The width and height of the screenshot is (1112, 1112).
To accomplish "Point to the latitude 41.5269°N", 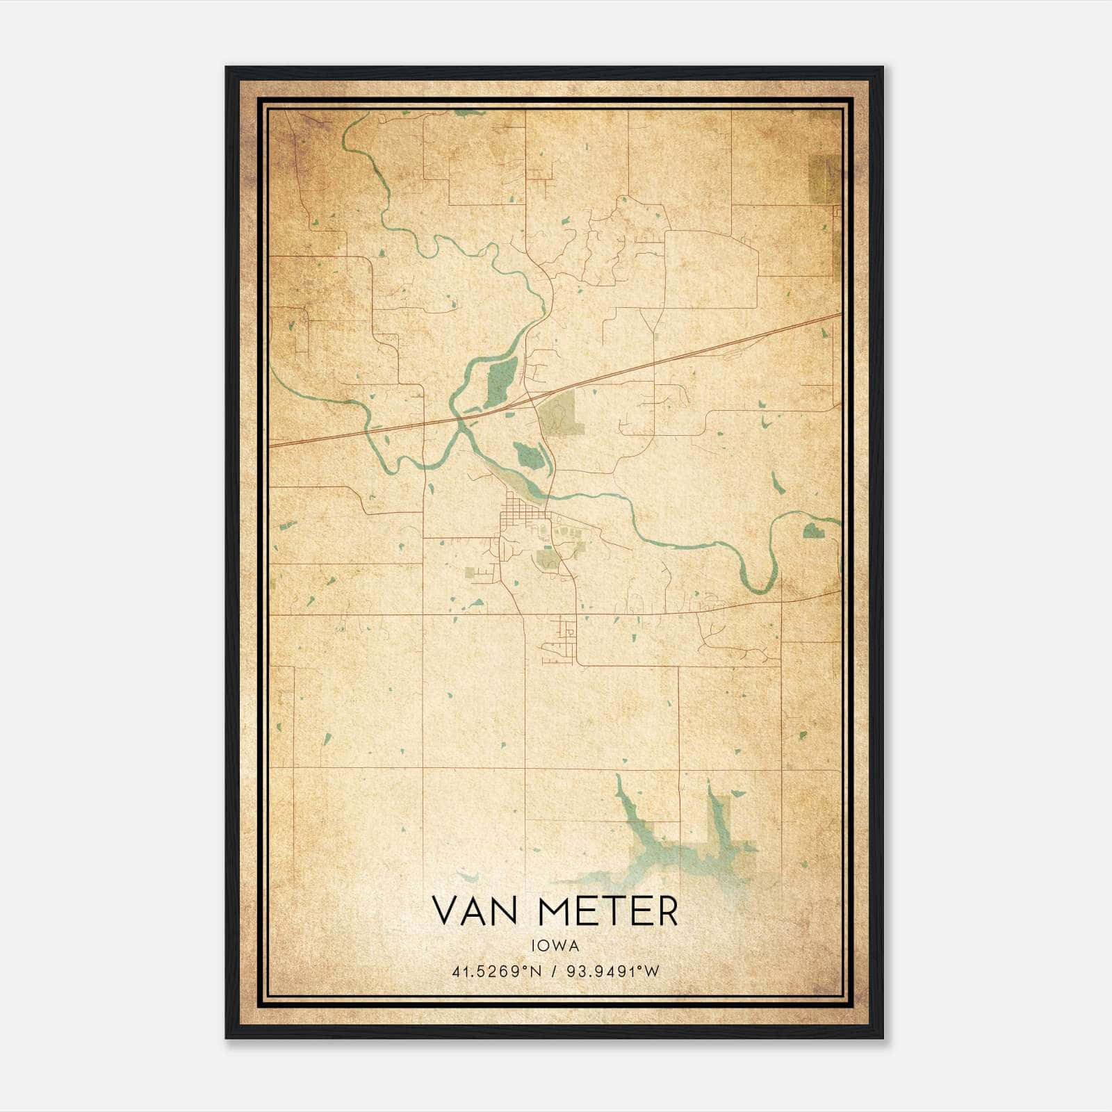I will click(x=496, y=972).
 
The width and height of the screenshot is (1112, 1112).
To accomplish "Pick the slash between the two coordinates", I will click(x=554, y=972).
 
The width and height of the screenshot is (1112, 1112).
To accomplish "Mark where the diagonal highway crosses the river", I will click(x=457, y=418).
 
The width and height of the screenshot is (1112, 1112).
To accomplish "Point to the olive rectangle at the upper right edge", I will click(x=825, y=179).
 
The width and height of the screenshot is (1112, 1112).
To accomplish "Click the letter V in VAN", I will click(x=445, y=910).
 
